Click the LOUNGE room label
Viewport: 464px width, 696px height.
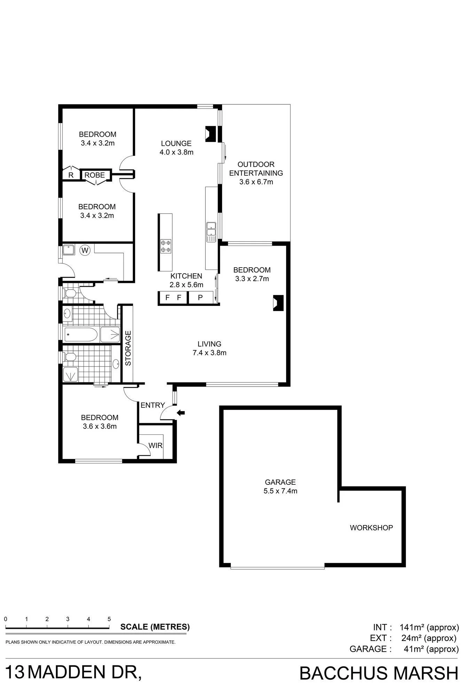click(176, 143)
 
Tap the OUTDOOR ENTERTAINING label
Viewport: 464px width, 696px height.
click(256, 169)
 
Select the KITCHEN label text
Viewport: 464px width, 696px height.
click(186, 276)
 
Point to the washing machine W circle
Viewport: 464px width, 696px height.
click(85, 250)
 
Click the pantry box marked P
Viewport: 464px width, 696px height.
click(200, 298)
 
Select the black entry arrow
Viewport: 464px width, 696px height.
click(181, 413)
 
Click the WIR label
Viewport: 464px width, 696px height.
click(155, 445)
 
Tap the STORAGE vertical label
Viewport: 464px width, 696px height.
click(128, 348)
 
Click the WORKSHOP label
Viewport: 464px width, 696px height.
click(371, 528)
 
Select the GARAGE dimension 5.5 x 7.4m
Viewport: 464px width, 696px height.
click(281, 491)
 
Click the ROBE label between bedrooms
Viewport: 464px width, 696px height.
click(95, 175)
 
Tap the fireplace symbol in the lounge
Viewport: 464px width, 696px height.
click(211, 134)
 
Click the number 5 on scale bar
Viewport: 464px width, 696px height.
click(109, 619)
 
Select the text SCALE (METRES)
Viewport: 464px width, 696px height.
click(155, 627)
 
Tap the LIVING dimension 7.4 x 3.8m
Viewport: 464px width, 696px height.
click(210, 353)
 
